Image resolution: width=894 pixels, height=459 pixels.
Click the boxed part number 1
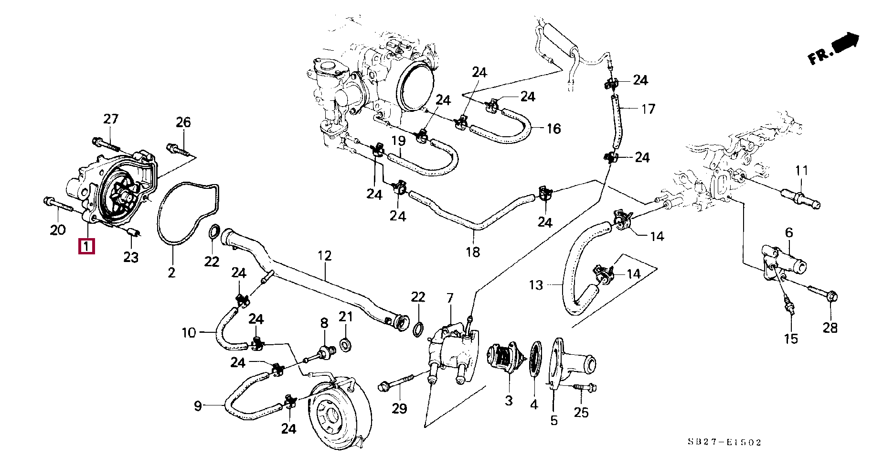point(86,247)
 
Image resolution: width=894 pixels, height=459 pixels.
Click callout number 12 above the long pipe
point(324,256)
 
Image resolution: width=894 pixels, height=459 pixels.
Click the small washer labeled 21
point(345,344)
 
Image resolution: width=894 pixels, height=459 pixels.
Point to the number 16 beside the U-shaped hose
point(553,129)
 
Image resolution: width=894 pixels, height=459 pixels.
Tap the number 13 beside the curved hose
point(536,285)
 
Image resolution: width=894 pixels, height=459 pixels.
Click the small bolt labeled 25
point(580,386)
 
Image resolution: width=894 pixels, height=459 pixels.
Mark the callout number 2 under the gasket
point(171,273)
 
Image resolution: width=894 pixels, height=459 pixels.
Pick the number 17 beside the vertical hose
point(648,109)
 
